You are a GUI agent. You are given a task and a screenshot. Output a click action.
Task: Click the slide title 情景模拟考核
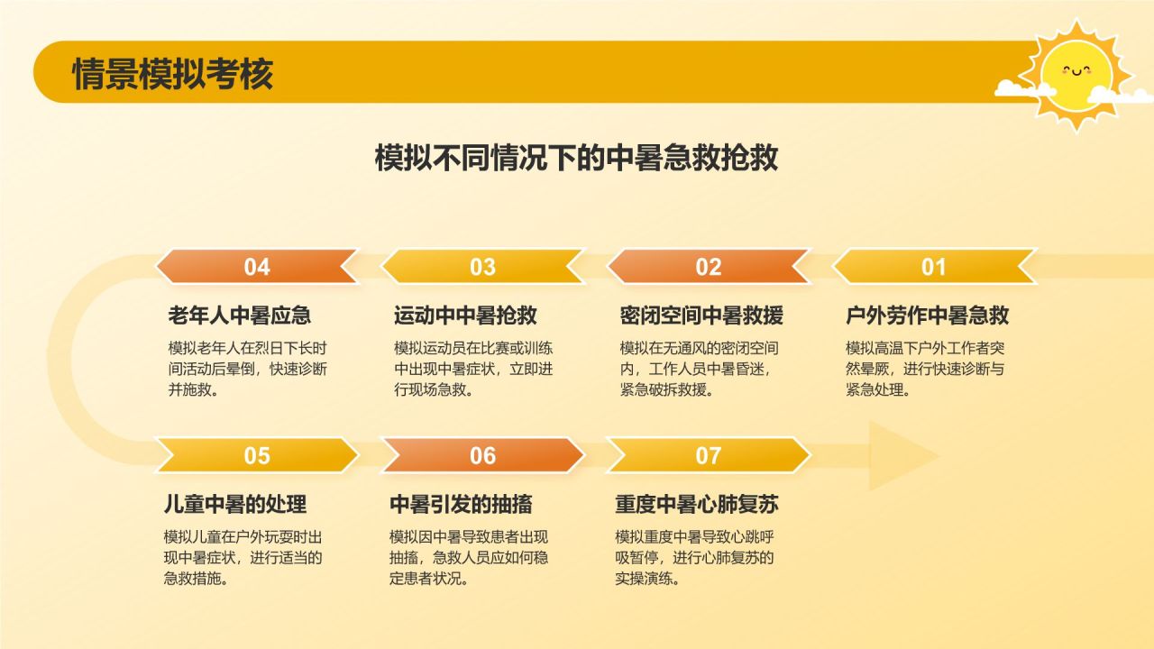[x=172, y=74]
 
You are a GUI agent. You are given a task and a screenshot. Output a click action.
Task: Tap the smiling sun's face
[x=1076, y=75]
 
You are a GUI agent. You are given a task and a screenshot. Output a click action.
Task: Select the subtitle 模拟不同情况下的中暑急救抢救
[x=576, y=158]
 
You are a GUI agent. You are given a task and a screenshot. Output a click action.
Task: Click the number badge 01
[x=934, y=267]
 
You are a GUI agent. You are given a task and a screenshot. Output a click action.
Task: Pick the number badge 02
[x=709, y=267]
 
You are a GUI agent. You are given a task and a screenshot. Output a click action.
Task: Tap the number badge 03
[x=482, y=267]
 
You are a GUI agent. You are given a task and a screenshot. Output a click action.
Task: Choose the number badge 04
[x=257, y=267]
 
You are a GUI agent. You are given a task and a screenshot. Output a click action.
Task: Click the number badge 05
[x=257, y=455]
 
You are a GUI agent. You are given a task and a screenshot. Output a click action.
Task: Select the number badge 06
[x=482, y=455]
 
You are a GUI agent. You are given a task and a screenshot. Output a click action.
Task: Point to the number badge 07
[x=709, y=455]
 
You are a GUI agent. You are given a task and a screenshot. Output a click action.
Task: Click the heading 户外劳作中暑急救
[x=928, y=315]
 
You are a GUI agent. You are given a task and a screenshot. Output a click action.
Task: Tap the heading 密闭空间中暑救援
[x=701, y=315]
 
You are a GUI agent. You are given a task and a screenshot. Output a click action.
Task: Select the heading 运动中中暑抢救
[x=466, y=315]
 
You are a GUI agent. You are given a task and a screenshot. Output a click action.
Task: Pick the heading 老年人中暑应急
[x=240, y=315]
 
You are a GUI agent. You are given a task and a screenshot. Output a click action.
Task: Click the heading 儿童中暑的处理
[x=235, y=504]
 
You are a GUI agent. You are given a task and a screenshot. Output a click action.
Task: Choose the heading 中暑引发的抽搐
[x=461, y=504]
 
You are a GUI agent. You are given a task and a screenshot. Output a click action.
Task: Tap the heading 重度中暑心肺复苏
[x=697, y=504]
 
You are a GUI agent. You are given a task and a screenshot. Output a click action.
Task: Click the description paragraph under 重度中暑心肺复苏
[x=694, y=558]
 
